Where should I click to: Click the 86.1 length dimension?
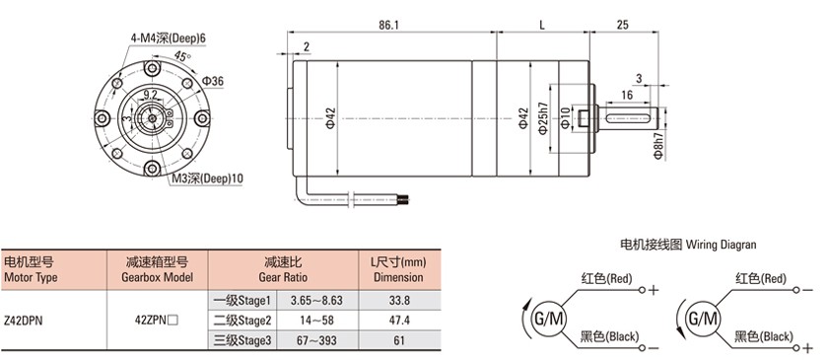point(388,25)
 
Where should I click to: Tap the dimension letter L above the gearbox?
point(542,25)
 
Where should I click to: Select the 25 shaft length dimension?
point(623,25)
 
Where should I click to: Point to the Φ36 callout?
point(213,81)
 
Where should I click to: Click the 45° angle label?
point(182,56)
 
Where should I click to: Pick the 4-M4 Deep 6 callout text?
point(169,38)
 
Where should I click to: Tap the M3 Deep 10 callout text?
point(207,179)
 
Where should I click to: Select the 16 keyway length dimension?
point(627,95)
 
